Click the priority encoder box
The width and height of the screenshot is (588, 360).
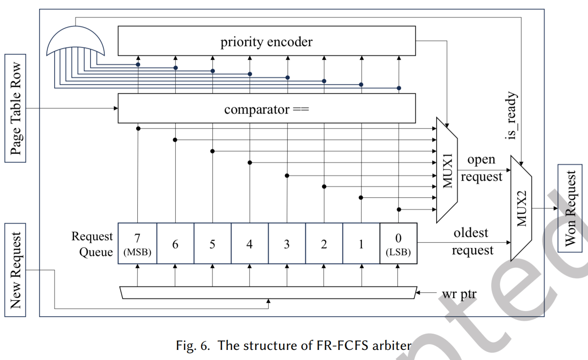point(267,41)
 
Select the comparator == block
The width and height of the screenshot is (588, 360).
point(267,109)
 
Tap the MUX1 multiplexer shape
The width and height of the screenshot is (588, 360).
point(447,170)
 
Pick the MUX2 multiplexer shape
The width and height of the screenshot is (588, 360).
point(521,208)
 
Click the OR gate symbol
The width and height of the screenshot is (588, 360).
point(76,41)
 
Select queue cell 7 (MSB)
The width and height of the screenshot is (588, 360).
point(137,244)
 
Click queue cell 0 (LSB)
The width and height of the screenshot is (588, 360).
point(398,244)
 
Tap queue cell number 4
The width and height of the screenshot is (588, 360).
point(250,244)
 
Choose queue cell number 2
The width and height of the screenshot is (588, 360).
point(324,244)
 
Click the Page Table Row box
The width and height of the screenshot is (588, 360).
point(15,108)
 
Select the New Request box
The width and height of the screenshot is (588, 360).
point(15,270)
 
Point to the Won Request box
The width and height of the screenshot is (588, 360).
point(570,208)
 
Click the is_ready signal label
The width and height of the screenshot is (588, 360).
point(511,116)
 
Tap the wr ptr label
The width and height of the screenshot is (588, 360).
point(459,294)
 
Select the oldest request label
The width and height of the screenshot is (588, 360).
point(472,241)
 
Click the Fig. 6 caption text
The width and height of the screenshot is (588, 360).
point(294,345)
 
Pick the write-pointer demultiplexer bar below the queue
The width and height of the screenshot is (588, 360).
point(268,293)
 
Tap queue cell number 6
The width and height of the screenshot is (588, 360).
point(175,244)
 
